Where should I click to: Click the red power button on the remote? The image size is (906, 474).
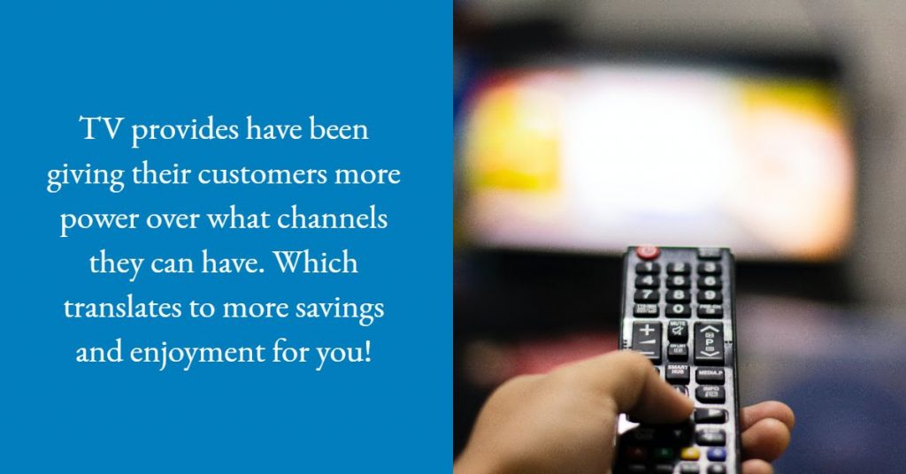click(x=648, y=252)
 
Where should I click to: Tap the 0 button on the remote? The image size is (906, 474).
click(x=678, y=310)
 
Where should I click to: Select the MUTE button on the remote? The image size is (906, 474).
click(x=678, y=329)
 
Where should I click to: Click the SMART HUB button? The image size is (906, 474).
click(x=678, y=371)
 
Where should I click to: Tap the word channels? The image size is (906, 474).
click(x=343, y=219)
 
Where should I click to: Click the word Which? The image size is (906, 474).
click(x=326, y=264)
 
